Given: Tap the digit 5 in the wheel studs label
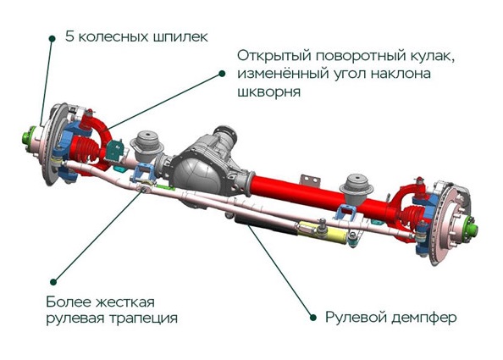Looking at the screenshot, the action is point(70,36).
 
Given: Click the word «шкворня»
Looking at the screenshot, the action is point(268,91).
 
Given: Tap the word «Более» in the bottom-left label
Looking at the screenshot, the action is point(67,302).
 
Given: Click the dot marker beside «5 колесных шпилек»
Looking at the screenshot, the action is point(52,38).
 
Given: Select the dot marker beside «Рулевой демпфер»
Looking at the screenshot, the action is point(313,318).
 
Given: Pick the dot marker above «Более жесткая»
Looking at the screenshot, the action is point(53,282).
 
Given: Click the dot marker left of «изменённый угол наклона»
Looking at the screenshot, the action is point(222,74).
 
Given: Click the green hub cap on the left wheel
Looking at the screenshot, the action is point(28,136).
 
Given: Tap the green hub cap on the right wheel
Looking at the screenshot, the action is point(471,230).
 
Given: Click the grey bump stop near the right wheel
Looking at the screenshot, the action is point(357,189).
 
